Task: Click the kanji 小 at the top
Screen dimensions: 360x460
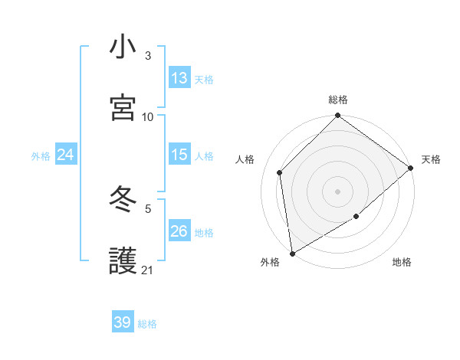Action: tap(123, 47)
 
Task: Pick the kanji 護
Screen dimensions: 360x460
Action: tap(123, 260)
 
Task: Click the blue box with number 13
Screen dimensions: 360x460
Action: tap(179, 78)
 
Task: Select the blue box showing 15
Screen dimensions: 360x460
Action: tap(179, 155)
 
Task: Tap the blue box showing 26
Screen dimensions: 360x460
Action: tap(179, 231)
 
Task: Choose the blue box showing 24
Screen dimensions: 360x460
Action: tap(66, 155)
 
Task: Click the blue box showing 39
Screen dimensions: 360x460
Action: tap(123, 322)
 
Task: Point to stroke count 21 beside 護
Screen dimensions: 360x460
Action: tap(147, 270)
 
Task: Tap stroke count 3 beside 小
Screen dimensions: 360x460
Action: tap(147, 56)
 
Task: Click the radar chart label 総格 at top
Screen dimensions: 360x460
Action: tap(338, 100)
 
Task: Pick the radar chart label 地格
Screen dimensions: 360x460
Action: tap(402, 263)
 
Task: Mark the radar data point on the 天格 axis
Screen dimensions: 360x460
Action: tap(411, 168)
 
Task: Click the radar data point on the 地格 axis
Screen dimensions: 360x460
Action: tap(356, 217)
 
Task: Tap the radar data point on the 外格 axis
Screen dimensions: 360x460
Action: tap(292, 253)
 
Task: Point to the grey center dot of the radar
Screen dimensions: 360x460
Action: tap(337, 191)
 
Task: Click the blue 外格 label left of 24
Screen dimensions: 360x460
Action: tap(41, 156)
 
